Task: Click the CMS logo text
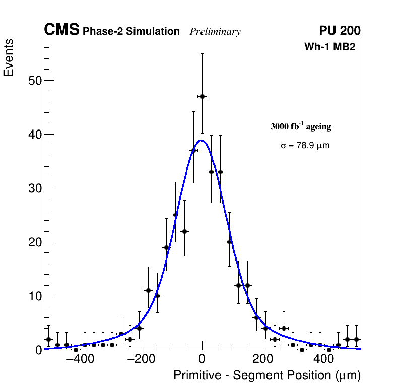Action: tap(61, 30)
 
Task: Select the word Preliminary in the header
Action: tap(215, 32)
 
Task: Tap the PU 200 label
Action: tap(340, 31)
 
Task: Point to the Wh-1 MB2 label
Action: tap(330, 47)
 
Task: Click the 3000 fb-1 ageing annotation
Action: tap(301, 126)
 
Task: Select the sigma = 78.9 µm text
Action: tap(305, 146)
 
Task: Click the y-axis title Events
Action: tap(9, 57)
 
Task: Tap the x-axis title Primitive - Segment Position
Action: tap(267, 375)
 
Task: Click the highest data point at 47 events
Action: tap(202, 96)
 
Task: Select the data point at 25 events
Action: tap(175, 215)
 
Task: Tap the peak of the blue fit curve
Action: tap(201, 140)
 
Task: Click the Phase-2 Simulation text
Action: tap(131, 32)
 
